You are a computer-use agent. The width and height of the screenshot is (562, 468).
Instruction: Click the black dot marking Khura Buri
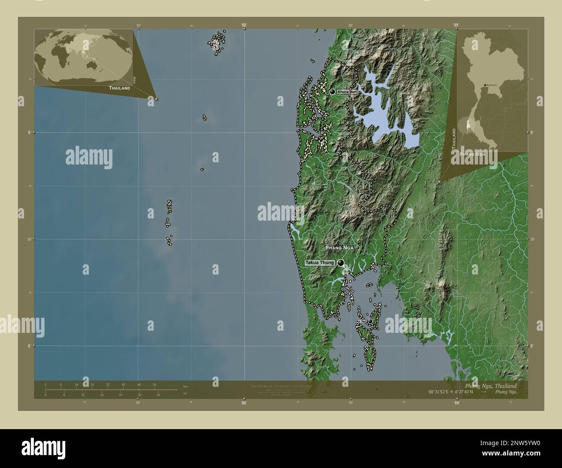332,92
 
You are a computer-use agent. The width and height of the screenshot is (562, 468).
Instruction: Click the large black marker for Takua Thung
341,262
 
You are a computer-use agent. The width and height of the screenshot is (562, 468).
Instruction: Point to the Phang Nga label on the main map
339,248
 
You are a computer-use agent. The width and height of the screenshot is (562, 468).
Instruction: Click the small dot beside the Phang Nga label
357,248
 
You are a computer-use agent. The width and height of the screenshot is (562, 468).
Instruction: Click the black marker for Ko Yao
370,321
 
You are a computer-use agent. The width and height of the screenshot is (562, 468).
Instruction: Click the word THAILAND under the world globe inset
120,88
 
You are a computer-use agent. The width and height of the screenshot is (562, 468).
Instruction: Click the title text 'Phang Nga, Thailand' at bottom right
490,386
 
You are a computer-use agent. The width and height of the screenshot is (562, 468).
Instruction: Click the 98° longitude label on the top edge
244,25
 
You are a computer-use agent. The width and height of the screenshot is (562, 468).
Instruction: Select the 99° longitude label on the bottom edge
457,402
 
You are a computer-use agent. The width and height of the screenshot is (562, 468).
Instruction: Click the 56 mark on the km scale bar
154,385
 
